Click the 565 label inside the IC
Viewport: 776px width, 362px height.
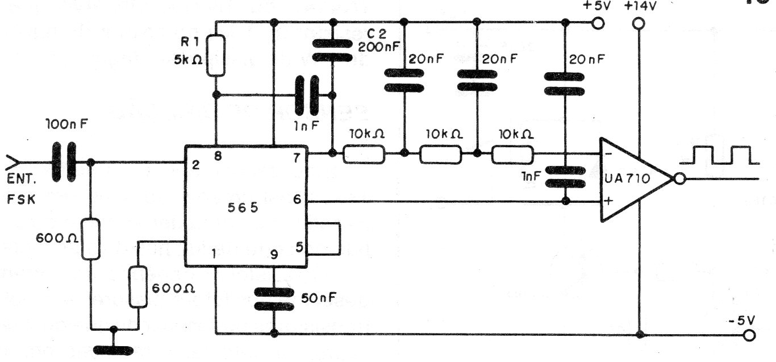tap(243, 208)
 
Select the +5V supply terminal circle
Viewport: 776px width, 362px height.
tap(597, 23)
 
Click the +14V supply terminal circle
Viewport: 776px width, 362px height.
tap(639, 23)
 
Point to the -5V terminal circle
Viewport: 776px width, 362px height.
tap(750, 335)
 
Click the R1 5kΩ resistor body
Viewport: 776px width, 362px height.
tap(216, 55)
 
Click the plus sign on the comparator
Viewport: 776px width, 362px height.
tap(608, 201)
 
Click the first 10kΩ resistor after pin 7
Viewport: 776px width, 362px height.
tap(364, 153)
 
